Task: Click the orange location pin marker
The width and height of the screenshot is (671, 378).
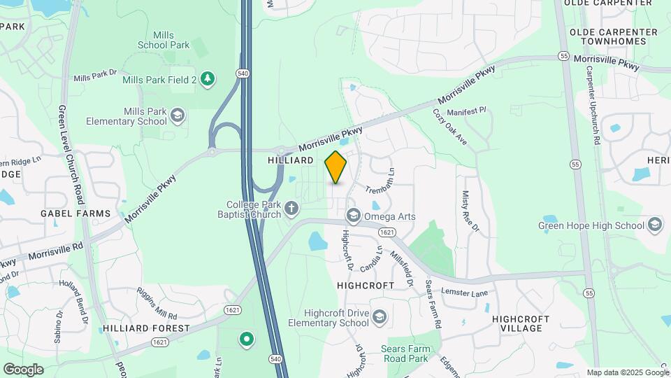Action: [335, 167]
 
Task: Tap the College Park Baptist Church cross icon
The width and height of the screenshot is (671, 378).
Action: [291, 207]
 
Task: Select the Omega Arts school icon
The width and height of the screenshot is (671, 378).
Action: [352, 216]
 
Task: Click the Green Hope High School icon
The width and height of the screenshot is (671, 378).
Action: [655, 225]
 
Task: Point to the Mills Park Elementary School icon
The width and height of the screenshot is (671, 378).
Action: [178, 115]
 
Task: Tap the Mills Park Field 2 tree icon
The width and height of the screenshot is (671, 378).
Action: [206, 78]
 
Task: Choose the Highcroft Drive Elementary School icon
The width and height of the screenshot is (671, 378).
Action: [379, 317]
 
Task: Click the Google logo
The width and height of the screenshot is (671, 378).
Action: [23, 369]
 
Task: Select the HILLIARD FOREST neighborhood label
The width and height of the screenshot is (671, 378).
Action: [146, 328]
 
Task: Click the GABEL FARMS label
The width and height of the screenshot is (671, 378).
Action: [75, 213]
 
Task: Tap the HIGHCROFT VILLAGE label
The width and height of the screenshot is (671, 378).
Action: [521, 323]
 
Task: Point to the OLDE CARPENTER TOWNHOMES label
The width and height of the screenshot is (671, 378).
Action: [614, 36]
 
